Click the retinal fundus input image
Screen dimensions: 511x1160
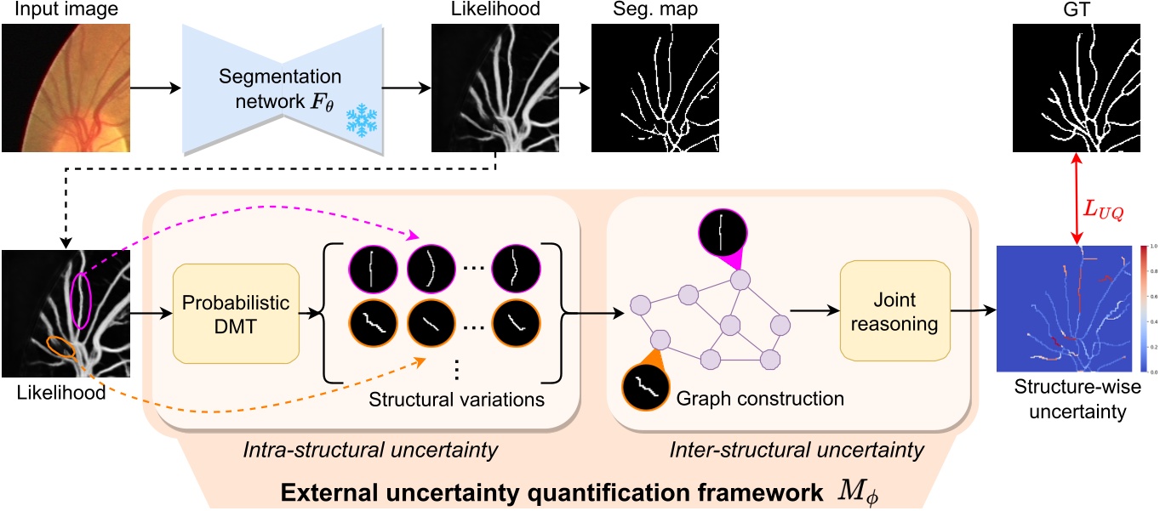pyautogui.click(x=66, y=88)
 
